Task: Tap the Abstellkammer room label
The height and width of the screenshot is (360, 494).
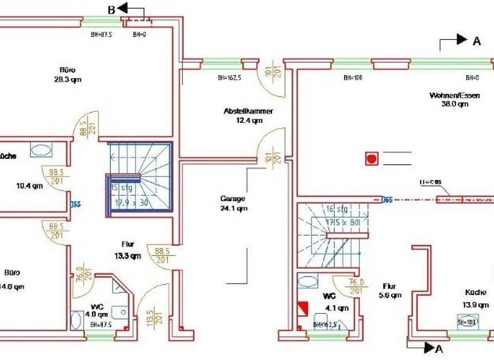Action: pos(248,115)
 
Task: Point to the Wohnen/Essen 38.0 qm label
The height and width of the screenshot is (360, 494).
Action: pos(454,99)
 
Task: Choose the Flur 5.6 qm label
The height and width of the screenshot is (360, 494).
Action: pos(390,291)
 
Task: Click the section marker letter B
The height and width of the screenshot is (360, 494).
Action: pos(111,9)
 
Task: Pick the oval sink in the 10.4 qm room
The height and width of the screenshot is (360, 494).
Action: pos(42,150)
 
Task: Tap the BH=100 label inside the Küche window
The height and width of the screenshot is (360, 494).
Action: pos(466,321)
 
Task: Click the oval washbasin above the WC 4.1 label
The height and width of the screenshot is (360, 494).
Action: pos(307,282)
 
